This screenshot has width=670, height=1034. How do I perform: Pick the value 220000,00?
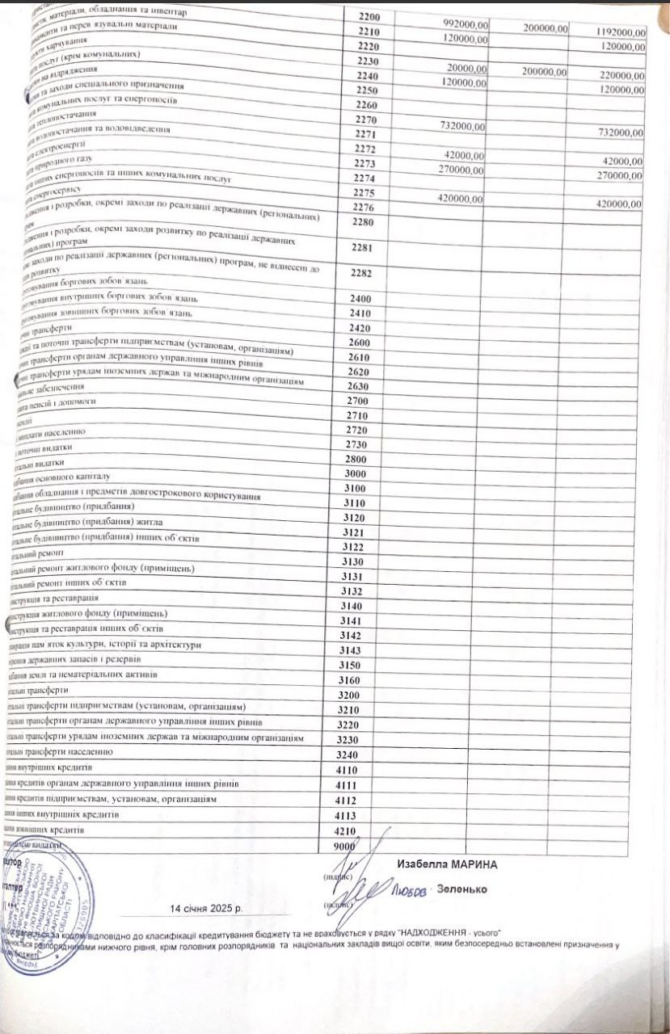tap(620, 75)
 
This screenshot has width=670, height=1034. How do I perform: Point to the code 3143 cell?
tap(356, 649)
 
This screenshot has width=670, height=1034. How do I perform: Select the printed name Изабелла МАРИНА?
tap(447, 864)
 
